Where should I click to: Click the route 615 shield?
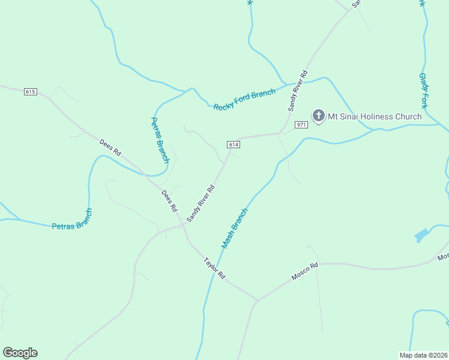pos(31,92)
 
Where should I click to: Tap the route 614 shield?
pos(234,145)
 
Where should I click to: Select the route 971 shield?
pos(301,125)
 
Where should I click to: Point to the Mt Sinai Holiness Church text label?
pos(374,116)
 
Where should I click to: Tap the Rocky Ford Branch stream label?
pos(244,100)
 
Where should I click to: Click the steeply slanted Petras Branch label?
pos(159,140)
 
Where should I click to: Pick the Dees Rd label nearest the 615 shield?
pos(110,148)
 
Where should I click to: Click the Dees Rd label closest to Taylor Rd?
pos(170,200)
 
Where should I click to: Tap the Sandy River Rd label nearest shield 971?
pos(298,91)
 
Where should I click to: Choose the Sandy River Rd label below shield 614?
pos(200,203)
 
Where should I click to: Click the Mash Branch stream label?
pos(235,229)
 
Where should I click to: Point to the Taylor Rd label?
pos(214,268)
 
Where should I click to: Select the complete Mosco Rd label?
pos(305,272)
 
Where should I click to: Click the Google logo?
pos(20,353)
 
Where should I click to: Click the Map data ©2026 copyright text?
pos(423,355)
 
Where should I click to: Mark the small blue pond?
pos(421,235)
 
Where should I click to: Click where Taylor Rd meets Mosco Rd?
pos(258,299)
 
